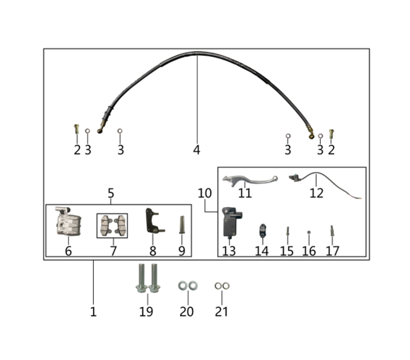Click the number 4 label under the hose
point(196,150)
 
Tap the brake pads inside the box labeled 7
point(112,226)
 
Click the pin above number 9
point(181,225)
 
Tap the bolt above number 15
point(287,231)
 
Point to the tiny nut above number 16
point(309,232)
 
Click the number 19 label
point(146,312)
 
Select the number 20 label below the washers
point(187,312)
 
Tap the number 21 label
point(221,312)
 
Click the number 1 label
point(93,312)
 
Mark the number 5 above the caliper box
point(111,193)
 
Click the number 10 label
point(205,193)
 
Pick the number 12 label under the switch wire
point(316,193)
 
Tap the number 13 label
point(229,251)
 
